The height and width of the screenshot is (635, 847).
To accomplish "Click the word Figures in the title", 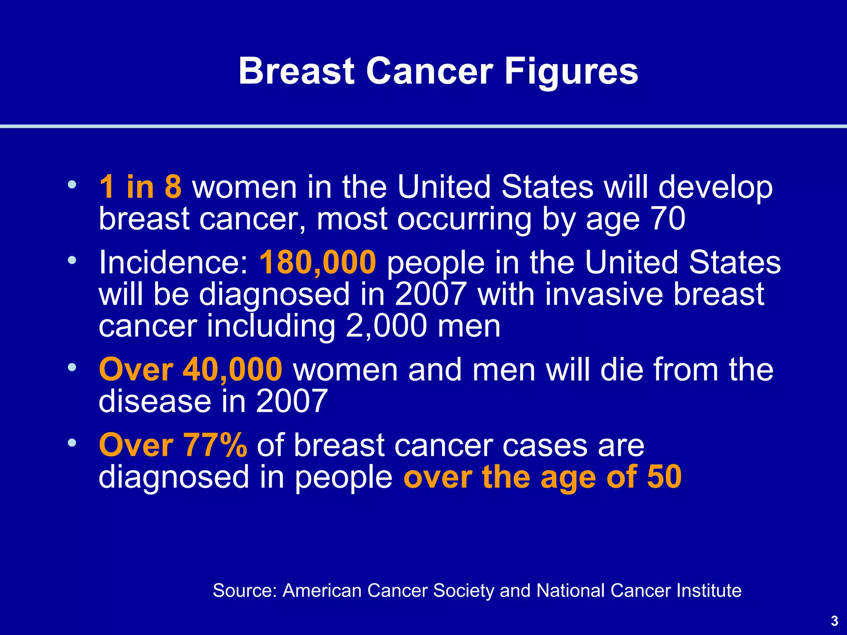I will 571,71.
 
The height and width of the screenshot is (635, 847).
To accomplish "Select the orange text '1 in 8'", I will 140,187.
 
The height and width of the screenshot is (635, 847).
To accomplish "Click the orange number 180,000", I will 318,263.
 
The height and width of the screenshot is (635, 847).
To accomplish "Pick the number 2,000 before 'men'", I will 386,326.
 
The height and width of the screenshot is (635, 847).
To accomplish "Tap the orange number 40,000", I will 232,369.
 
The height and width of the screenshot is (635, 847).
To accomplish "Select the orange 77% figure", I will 215,445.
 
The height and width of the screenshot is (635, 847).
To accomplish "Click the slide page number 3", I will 834,621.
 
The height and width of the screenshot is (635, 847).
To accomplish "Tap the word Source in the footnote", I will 244,590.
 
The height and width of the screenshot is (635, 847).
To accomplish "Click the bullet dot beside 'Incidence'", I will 72,260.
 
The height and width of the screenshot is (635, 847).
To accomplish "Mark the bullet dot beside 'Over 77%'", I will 72,443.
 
